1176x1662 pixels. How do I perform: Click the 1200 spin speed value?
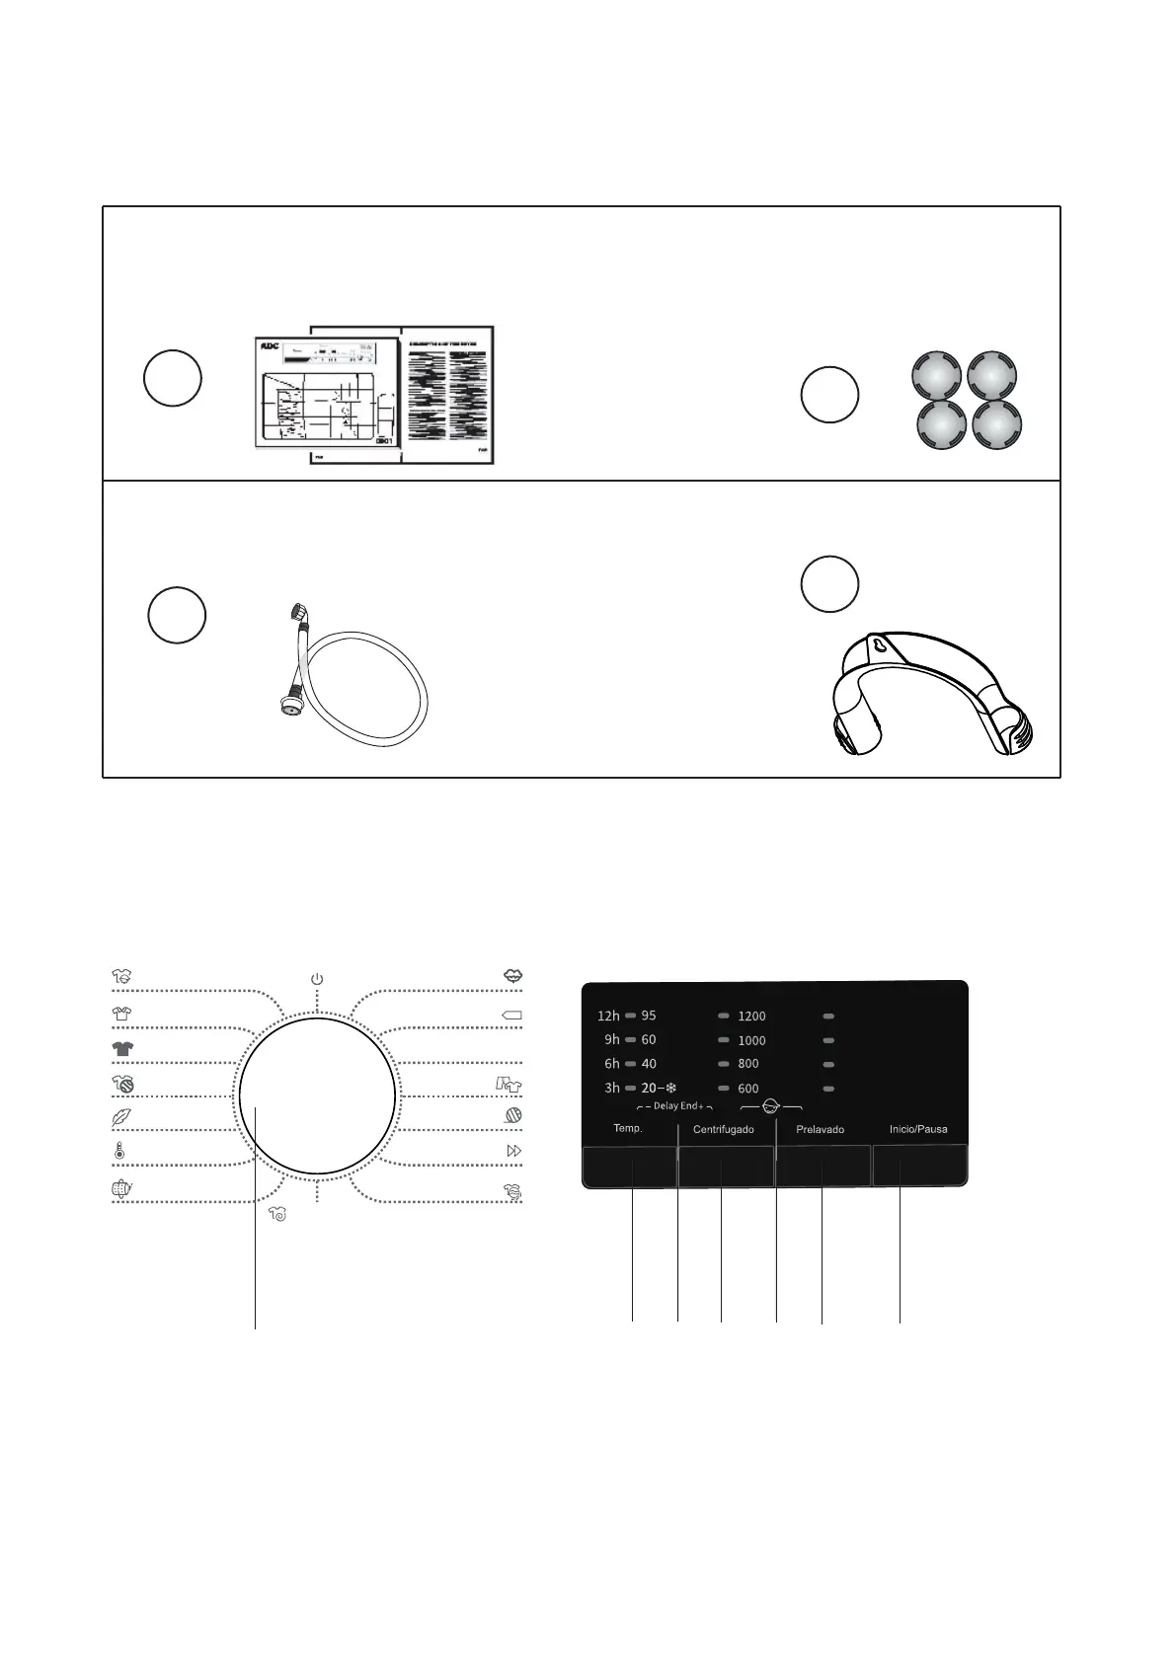pos(751,1017)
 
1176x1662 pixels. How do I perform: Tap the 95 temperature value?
pos(649,1016)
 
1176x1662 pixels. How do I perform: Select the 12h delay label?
pos(608,1016)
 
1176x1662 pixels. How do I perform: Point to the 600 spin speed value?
pos(748,1089)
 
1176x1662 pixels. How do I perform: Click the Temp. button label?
pos(628,1128)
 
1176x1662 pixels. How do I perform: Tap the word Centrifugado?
pos(724,1129)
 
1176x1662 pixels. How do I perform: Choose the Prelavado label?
pos(821,1129)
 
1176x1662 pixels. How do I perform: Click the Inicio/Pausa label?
pos(918,1129)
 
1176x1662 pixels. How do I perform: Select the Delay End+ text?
pos(677,1106)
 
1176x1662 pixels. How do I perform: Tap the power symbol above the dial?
pos(317,979)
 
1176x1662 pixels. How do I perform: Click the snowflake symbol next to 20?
pos(670,1088)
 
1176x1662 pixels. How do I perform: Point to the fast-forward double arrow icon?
pos(513,1151)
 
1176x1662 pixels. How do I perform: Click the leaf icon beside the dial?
pos(121,1117)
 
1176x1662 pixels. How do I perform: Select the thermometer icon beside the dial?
pos(119,1151)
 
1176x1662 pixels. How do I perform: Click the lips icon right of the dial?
pos(512,975)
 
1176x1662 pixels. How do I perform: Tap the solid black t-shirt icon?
pos(122,1048)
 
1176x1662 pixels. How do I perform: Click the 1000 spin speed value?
pos(751,1040)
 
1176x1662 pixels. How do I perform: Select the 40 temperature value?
pos(649,1064)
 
